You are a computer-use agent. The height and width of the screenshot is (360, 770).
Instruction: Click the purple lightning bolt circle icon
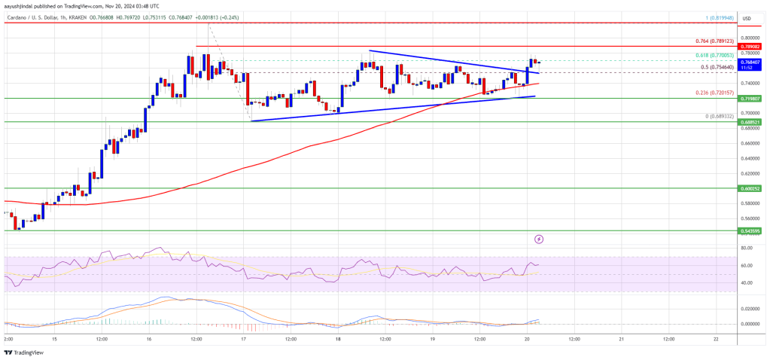click(539, 239)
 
